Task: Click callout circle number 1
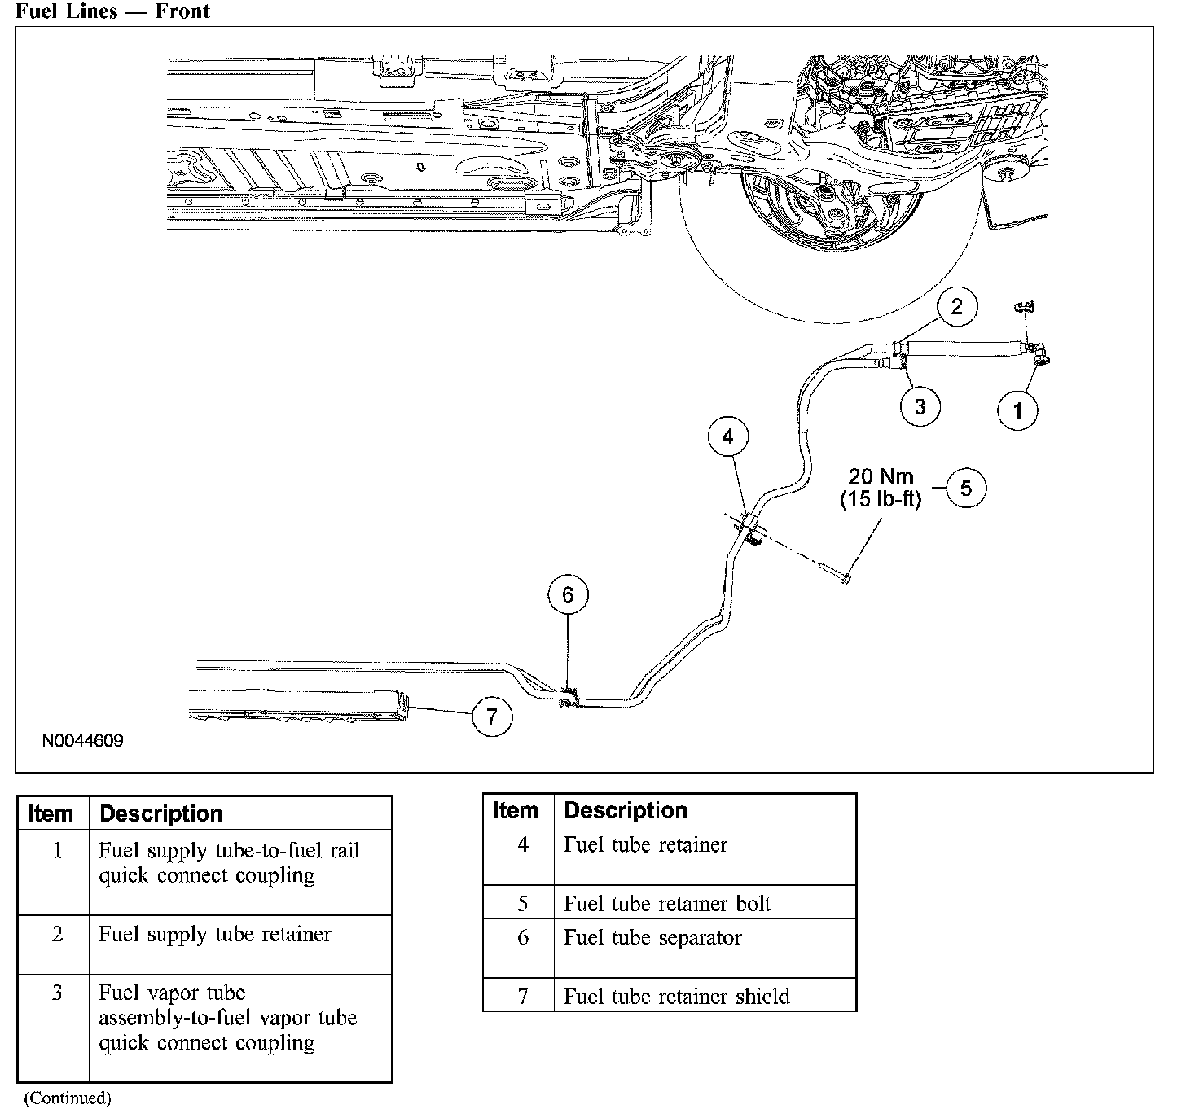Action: tap(1017, 410)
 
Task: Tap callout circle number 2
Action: tap(956, 306)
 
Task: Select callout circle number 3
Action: tap(920, 405)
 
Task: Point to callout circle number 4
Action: tap(727, 437)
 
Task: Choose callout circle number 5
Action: tap(966, 488)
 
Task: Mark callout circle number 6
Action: tap(568, 595)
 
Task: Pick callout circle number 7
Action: tap(491, 717)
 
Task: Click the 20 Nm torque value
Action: tap(881, 477)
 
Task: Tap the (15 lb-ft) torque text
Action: tap(881, 499)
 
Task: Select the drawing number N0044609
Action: tap(84, 742)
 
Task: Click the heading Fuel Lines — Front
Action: tap(112, 11)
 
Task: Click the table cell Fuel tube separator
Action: tap(652, 938)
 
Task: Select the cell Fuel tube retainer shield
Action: tap(676, 997)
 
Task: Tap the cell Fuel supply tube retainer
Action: tap(215, 934)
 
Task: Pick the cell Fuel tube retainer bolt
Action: tap(666, 904)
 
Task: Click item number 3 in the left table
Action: tap(56, 993)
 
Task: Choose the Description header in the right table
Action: tap(626, 811)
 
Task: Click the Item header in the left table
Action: tap(51, 814)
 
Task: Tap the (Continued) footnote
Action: tap(67, 1098)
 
